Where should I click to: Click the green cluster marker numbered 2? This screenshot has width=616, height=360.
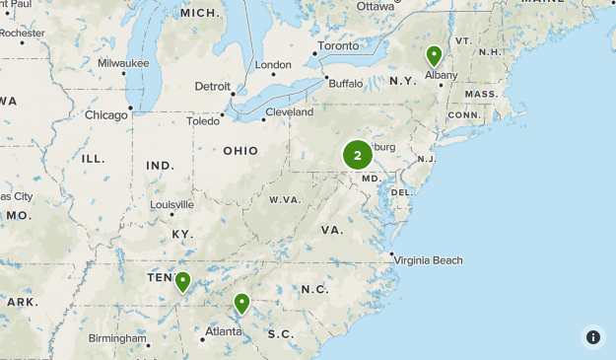357,155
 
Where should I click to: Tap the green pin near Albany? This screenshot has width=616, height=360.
434,55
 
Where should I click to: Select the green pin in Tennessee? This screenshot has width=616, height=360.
182,282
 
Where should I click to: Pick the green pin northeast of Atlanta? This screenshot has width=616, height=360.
241,303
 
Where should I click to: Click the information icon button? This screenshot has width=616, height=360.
592,336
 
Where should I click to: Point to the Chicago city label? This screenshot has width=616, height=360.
106,115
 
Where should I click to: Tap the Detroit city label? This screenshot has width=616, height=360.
212,87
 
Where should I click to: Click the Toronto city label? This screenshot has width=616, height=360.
338,46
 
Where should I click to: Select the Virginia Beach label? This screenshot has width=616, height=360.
430,260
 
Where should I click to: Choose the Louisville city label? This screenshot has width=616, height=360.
172,205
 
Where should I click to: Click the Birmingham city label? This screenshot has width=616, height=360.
116,338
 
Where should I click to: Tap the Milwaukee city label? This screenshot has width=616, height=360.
123,63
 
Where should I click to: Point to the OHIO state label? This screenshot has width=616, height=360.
240,151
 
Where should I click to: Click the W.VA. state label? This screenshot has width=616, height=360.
285,199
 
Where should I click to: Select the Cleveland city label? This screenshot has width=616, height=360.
289,112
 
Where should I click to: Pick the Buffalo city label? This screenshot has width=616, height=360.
345,83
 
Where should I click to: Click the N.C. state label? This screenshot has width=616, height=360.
314,289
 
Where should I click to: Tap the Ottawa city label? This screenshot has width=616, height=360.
375,6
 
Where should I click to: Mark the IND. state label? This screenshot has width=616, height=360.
160,165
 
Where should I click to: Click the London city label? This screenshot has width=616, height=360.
273,65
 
